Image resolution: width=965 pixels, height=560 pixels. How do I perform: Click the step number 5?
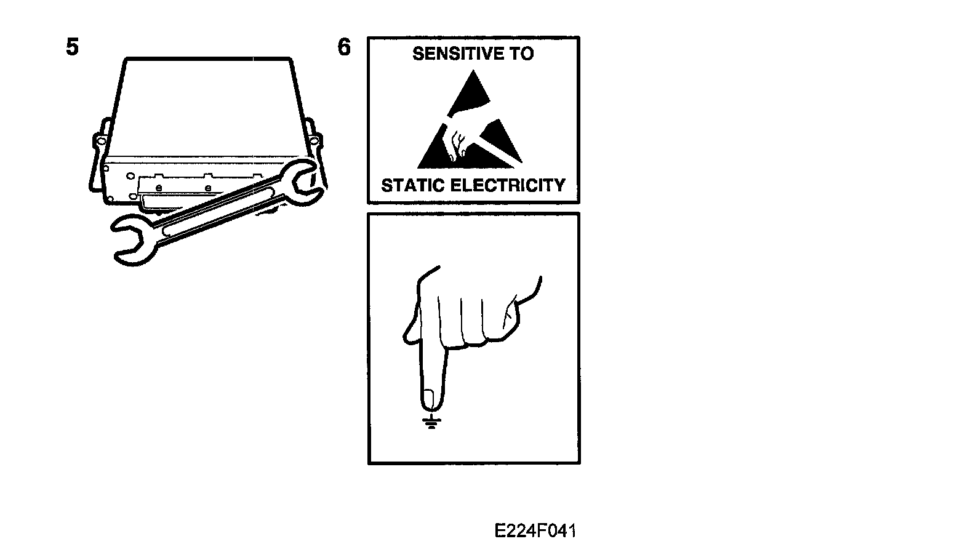coord(73,47)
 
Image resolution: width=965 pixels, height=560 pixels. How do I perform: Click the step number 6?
coord(344,47)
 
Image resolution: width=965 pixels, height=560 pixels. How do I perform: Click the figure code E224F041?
coord(535,531)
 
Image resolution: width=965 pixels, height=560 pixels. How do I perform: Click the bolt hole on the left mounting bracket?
coord(98,141)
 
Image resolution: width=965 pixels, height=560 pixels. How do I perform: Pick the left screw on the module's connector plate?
coord(159,186)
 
